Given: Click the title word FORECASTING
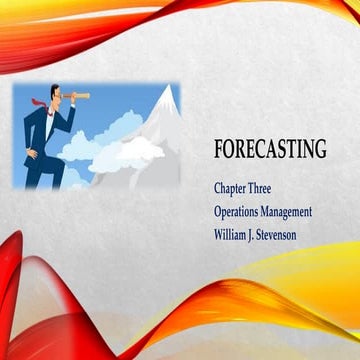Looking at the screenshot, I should [x=270, y=149].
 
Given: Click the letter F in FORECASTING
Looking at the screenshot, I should [x=220, y=149].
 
